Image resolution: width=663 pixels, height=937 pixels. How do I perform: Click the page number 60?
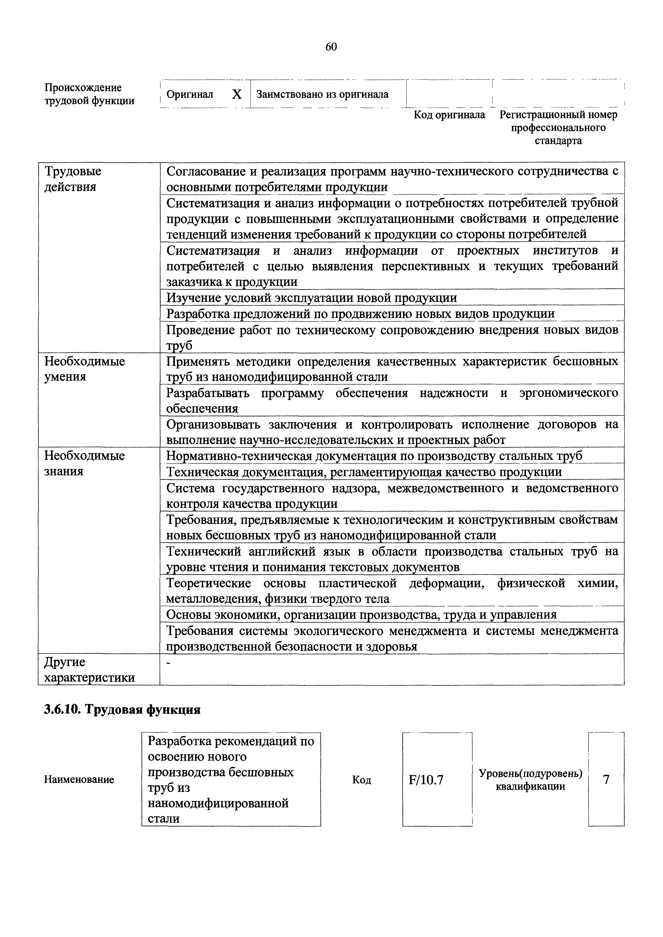point(331,47)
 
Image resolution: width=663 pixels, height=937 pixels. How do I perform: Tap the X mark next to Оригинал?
point(237,95)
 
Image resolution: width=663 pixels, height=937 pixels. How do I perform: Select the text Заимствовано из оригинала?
point(322,95)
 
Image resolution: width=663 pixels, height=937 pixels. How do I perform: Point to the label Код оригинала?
point(449,115)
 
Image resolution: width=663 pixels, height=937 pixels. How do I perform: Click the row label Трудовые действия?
point(73,179)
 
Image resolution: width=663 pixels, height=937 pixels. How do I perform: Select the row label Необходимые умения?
point(84,368)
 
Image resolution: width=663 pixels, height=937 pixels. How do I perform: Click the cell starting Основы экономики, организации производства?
point(361,615)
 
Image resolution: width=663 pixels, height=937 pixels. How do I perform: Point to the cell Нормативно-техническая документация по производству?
point(374,456)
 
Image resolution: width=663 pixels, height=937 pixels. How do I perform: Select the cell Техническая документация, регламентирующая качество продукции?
point(364,472)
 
